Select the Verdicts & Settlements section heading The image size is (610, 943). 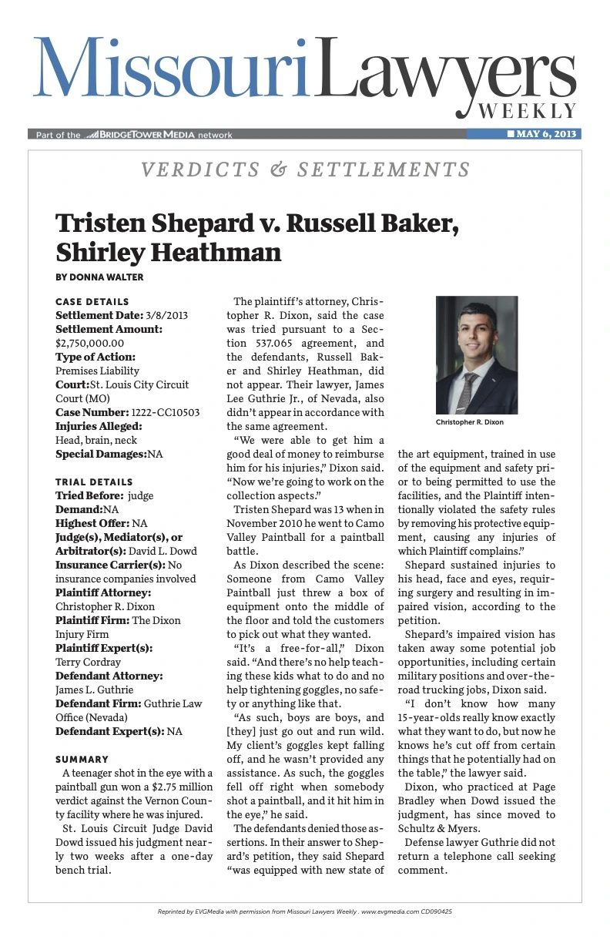[x=305, y=169]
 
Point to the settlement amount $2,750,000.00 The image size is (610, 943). [x=90, y=343]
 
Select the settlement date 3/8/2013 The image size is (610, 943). [x=162, y=315]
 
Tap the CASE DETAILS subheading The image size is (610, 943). [x=92, y=301]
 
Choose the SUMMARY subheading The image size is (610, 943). [x=82, y=759]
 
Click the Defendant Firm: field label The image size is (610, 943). [x=97, y=703]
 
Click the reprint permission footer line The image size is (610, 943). [x=305, y=911]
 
